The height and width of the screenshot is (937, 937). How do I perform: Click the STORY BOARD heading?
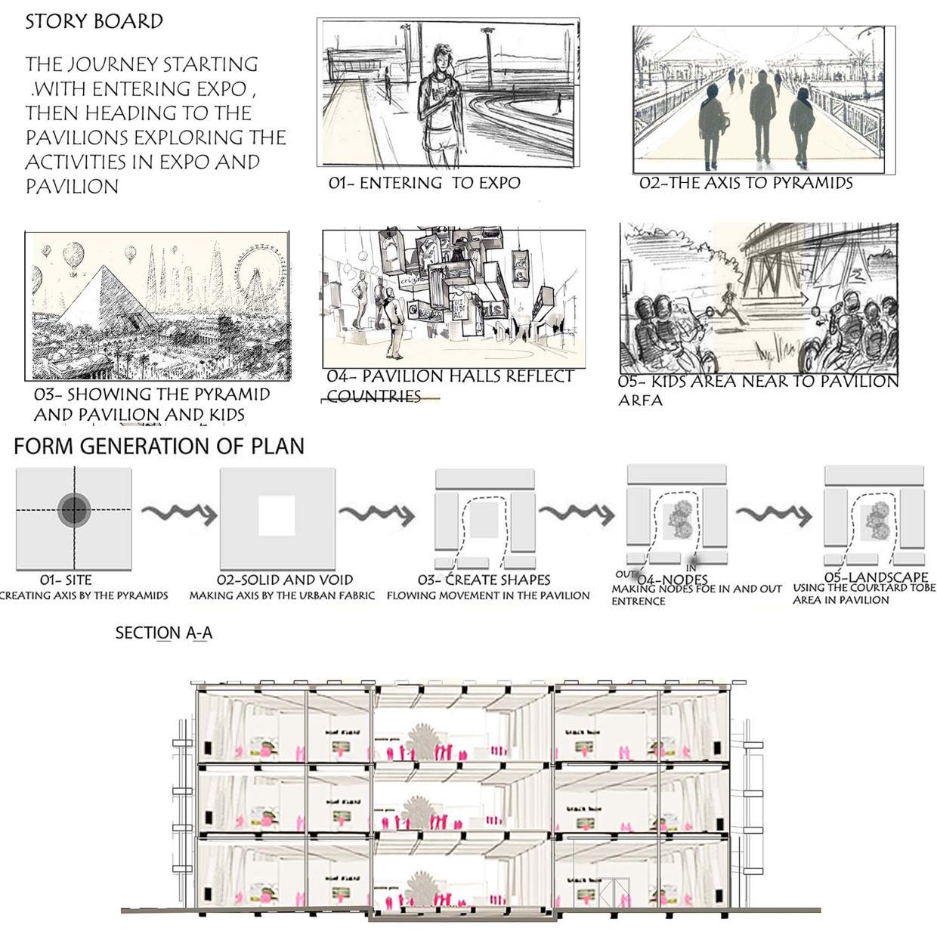coord(94,21)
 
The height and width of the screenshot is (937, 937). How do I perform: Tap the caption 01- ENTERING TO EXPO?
coord(424,183)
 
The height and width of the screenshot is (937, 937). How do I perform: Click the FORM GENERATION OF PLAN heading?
coord(159,446)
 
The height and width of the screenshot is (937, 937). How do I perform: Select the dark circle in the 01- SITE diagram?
coord(74,511)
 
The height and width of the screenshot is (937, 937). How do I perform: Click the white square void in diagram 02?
coord(277,515)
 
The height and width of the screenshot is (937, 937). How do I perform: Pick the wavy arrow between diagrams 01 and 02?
coord(178,515)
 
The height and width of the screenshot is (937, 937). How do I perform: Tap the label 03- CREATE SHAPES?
coord(484,580)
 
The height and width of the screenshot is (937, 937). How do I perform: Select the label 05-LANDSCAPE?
coord(865,578)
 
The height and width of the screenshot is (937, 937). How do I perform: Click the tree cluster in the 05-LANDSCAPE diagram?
coord(877,518)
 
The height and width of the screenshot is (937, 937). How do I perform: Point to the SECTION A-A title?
coord(163,633)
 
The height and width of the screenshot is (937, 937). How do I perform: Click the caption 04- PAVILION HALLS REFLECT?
coord(450,376)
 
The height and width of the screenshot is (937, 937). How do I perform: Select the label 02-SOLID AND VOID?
coord(285,580)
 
